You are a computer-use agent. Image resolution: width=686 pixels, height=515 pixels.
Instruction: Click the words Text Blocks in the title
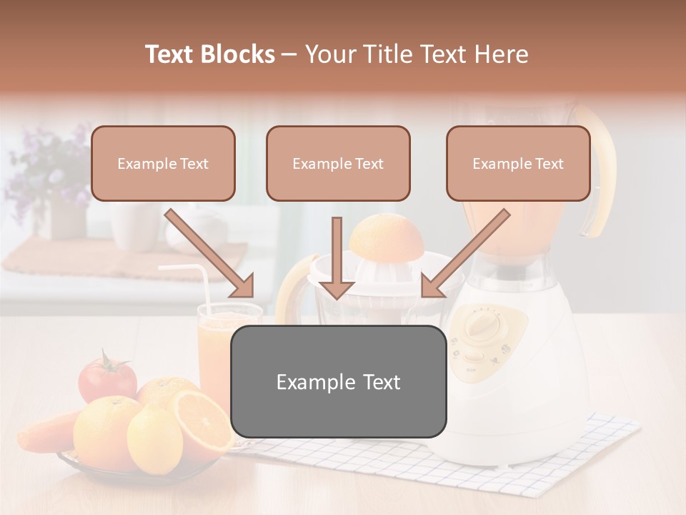(x=209, y=54)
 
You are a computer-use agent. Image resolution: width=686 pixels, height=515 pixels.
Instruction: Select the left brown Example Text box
(x=163, y=164)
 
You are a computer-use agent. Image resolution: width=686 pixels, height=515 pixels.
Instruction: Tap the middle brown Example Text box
(x=338, y=164)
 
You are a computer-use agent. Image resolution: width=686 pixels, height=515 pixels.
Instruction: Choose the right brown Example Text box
(x=518, y=164)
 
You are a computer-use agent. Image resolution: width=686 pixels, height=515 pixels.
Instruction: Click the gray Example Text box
(x=339, y=382)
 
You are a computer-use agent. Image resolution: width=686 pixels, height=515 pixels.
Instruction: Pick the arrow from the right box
(x=464, y=254)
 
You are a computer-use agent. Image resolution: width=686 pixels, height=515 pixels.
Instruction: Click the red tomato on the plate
(x=106, y=378)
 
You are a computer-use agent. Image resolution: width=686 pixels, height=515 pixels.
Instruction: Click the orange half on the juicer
(x=386, y=240)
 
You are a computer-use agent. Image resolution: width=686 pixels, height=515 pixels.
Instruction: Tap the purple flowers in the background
(x=46, y=168)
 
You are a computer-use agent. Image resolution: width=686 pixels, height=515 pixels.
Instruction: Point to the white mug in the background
(x=132, y=225)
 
